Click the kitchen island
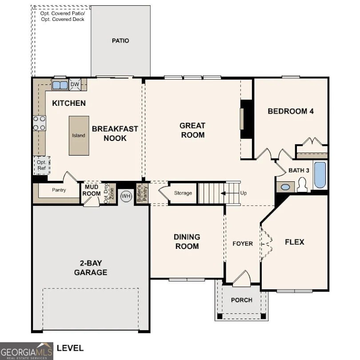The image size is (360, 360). [x=79, y=136]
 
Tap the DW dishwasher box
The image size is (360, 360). [x=75, y=84]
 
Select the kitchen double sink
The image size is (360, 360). [x=60, y=84]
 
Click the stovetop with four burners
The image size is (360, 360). [x=40, y=123]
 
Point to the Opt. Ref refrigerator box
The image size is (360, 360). [x=41, y=165]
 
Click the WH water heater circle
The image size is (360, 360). [x=126, y=196]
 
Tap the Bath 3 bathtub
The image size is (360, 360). [x=320, y=175]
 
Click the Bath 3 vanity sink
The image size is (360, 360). [x=284, y=187]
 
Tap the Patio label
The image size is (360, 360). [x=120, y=41]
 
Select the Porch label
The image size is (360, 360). [x=241, y=300]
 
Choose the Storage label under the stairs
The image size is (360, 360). [x=183, y=193]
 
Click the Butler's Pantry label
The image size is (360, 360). [x=139, y=193]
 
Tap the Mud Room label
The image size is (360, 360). [x=92, y=191]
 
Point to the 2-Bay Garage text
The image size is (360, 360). [x=91, y=268]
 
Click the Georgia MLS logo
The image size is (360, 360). [x=27, y=351]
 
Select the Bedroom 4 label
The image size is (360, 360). [x=291, y=111]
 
